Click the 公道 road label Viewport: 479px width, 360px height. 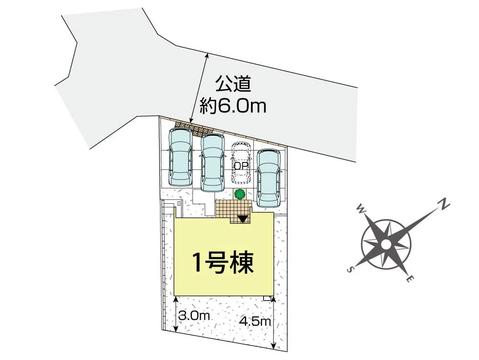pos(233,85)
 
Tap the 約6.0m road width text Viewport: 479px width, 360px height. pos(233,106)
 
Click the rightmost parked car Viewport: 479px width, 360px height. pos(269,176)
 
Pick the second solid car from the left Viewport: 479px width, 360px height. pos(213,162)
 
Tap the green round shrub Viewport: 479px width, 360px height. pos(239,194)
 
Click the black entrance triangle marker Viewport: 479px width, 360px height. pos(243,219)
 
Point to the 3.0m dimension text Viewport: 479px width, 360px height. pos(194,316)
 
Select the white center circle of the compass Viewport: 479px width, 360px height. pos(386,244)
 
